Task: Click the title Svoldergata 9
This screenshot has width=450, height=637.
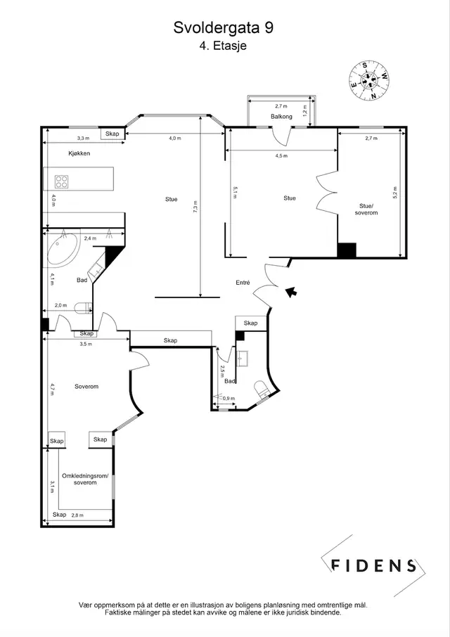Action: [x=224, y=28]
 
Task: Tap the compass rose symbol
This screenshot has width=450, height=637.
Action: [x=368, y=80]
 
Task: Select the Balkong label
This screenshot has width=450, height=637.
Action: [x=281, y=117]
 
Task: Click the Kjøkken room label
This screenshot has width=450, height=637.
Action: [x=79, y=153]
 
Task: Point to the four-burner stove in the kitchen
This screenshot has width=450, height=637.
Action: [x=62, y=181]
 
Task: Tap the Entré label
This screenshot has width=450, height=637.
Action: [x=243, y=283]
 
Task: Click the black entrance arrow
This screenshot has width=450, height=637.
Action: [x=290, y=292]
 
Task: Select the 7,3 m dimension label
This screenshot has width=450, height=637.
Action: [x=195, y=207]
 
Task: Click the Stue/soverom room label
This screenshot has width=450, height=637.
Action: [x=366, y=210]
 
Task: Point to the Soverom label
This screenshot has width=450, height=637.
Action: [x=86, y=386]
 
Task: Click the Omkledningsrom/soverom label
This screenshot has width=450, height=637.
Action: [x=85, y=479]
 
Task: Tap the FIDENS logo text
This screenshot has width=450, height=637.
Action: [x=373, y=565]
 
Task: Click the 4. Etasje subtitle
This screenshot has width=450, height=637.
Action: [x=223, y=46]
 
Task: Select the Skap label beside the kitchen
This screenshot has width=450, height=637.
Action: [x=112, y=134]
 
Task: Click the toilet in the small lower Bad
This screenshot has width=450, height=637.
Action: [x=261, y=389]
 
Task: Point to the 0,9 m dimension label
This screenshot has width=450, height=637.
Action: [x=229, y=399]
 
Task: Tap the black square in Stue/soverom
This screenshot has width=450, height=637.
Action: [x=347, y=250]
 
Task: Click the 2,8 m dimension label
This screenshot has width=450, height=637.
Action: [x=77, y=515]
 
